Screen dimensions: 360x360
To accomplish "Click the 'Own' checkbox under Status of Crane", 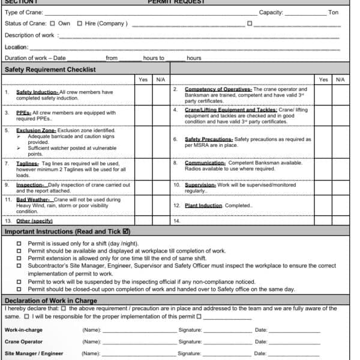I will [x=52, y=24].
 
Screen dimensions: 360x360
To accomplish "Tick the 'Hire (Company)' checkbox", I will [x=80, y=24].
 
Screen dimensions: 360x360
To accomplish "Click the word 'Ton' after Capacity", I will [x=333, y=13].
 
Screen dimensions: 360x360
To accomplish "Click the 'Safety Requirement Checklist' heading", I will [x=50, y=70].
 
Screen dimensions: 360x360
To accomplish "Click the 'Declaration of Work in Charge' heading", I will [x=50, y=301].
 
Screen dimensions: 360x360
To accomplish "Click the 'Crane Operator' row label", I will [x=23, y=341].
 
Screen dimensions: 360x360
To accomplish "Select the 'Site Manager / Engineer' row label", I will [x=34, y=353].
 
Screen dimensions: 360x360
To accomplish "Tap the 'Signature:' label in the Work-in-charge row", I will [x=190, y=330].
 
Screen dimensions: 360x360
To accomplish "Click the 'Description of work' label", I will [x=30, y=35].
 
